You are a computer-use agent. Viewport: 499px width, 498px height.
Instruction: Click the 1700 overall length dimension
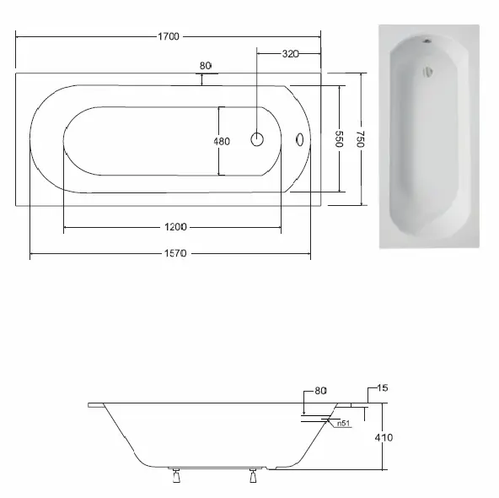(x=169, y=36)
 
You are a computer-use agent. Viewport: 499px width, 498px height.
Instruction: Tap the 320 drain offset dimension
(x=290, y=54)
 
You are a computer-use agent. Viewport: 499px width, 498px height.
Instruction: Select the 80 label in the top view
(x=206, y=66)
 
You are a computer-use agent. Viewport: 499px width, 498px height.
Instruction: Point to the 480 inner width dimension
(x=222, y=141)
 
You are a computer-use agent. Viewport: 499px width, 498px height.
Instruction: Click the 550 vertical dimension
(x=339, y=138)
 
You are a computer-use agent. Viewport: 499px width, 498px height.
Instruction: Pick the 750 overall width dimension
(x=361, y=139)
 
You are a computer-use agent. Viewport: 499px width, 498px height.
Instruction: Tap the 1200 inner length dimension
(x=175, y=227)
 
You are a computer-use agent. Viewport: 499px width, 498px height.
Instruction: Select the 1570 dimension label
(x=175, y=253)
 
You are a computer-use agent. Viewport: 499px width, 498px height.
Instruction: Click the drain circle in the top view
(x=257, y=139)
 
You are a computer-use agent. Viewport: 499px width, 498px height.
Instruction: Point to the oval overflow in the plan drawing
(x=300, y=139)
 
